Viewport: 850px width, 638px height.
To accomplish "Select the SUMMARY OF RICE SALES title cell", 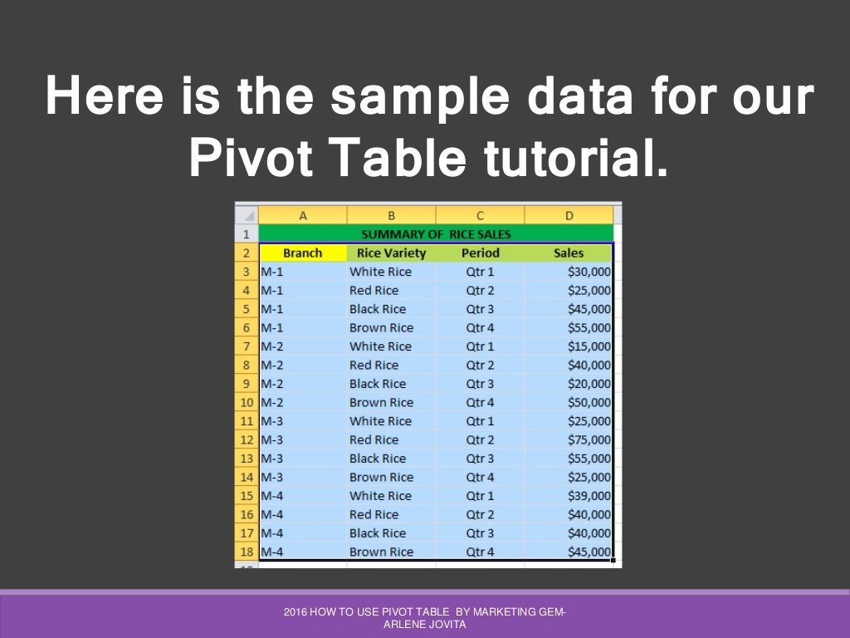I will point(436,234).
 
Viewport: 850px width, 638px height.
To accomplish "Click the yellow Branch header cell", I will point(302,253).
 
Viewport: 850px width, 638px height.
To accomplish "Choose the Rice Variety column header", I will point(391,253).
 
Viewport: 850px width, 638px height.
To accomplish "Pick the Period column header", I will point(480,253).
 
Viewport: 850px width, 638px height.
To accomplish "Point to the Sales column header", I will point(569,253).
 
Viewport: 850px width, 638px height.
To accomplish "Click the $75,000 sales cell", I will point(589,440).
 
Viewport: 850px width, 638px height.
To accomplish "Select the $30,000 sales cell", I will point(589,272).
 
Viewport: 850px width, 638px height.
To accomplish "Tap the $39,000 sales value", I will point(589,496).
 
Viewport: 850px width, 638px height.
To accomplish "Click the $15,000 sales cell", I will point(589,346).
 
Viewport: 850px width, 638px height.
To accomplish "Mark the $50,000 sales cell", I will point(589,403).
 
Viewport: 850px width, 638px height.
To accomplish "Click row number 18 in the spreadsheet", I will point(247,552).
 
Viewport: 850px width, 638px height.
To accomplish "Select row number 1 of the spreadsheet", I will point(247,234).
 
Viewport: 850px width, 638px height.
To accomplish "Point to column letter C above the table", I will point(480,216).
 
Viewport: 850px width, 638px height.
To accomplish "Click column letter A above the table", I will point(302,216).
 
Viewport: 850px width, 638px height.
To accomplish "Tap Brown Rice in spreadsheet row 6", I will point(381,328).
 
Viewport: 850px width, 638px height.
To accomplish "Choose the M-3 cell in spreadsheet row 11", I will point(272,421).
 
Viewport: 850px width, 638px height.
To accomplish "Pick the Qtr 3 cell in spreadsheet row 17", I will point(480,533).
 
